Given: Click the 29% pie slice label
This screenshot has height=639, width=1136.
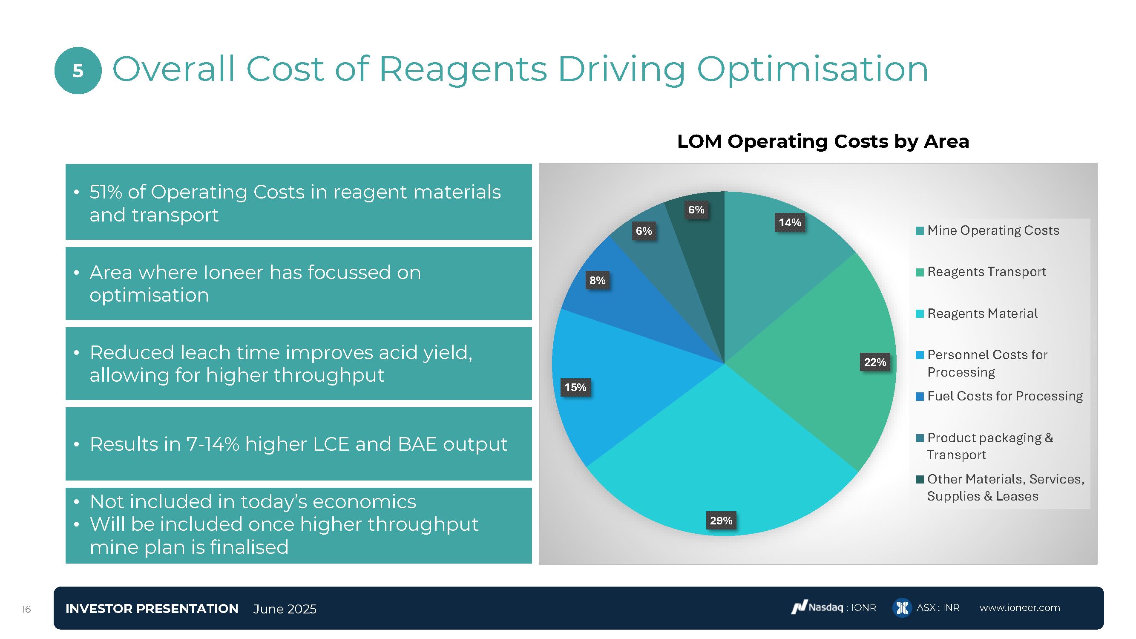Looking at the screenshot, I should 721,521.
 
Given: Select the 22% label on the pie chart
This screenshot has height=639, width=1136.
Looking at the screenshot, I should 875,362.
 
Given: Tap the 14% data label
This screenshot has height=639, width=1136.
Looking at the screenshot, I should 789,222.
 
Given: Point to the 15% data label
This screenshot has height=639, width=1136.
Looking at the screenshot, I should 575,387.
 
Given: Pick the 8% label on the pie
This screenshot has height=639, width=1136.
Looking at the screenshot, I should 598,280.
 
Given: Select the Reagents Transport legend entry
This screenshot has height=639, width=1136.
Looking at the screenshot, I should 986,272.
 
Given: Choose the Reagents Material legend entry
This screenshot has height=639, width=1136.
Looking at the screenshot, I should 982,314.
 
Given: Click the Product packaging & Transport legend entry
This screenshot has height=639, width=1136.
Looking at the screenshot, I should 989,446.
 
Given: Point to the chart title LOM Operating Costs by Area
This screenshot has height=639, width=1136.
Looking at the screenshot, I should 823,141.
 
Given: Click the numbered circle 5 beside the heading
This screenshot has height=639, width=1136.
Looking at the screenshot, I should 78,71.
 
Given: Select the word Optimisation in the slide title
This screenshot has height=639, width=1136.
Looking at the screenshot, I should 812,69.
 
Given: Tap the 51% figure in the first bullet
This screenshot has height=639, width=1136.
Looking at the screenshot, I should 106,192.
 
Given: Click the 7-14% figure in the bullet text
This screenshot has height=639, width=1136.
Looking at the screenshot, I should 213,444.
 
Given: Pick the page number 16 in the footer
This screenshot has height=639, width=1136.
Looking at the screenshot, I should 26,610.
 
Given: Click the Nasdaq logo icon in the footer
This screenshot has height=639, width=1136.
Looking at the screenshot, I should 799,608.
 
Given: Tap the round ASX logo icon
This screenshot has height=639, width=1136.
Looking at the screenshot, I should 902,608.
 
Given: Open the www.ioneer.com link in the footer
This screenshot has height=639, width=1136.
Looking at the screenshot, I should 1020,608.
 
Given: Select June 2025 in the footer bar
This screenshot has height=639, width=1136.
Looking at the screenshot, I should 285,609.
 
